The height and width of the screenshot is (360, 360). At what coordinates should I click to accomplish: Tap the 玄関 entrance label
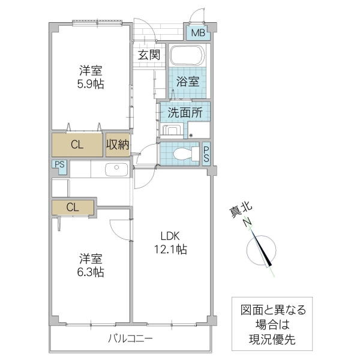[148, 56]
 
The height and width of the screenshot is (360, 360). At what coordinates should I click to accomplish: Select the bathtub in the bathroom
[188, 57]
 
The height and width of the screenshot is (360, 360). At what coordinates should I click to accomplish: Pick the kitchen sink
[114, 170]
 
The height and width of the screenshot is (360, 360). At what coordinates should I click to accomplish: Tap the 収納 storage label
[118, 145]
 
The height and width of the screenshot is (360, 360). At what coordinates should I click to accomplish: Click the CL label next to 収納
[77, 145]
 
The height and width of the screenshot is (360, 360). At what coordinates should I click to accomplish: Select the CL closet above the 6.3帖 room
[73, 208]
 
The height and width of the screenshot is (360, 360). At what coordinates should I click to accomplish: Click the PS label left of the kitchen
[59, 165]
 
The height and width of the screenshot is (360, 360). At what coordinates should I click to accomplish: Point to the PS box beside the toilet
[206, 154]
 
